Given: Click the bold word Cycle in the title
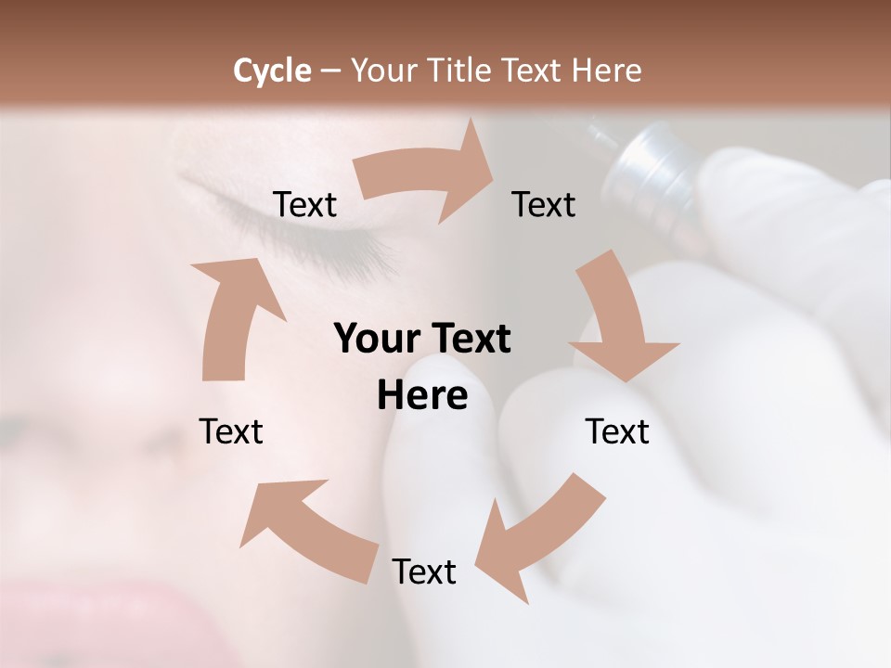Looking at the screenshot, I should tap(271, 71).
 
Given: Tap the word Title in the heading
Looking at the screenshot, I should tap(460, 71).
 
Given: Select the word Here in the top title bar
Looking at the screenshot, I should tap(606, 71).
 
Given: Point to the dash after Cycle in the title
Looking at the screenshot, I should tap(329, 71).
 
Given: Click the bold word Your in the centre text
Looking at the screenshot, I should tap(375, 340).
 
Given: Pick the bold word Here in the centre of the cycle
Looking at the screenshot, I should tap(422, 396).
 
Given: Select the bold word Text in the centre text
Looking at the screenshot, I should tap(467, 340).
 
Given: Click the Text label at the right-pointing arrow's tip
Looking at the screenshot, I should tap(544, 204).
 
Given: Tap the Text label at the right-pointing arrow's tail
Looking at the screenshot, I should tap(304, 204).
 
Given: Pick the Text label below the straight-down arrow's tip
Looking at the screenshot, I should tap(617, 431).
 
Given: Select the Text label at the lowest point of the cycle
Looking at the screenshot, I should tap(424, 572).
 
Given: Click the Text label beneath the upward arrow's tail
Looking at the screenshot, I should tap(231, 431).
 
